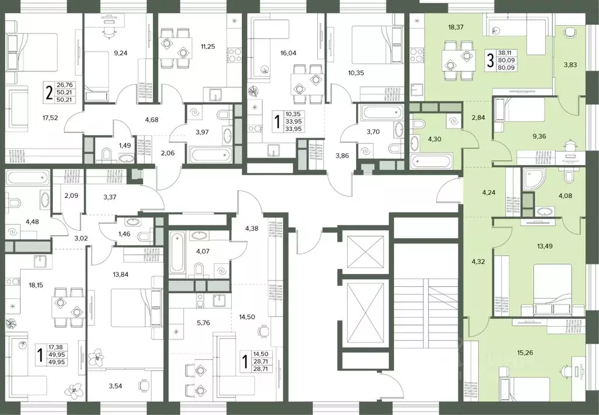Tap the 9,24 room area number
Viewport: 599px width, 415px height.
[x=121, y=53]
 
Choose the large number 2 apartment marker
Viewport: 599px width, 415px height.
[x=49, y=92]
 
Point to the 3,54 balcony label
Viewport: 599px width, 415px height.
[x=115, y=386]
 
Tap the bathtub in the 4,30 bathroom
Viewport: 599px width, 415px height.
[x=430, y=161]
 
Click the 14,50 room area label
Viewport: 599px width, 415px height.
[x=247, y=317]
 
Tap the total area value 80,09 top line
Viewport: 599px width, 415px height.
[x=506, y=60]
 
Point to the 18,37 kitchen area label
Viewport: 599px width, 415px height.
[x=456, y=26]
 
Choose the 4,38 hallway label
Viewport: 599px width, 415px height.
[x=252, y=229]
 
